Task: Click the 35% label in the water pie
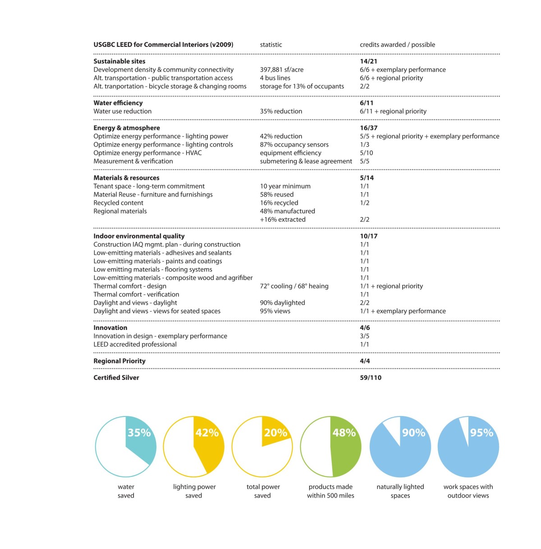(x=139, y=433)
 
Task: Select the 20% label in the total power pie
(x=275, y=433)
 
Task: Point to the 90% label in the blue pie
(x=413, y=433)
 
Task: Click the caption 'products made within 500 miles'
(x=330, y=491)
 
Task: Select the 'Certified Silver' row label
(x=116, y=378)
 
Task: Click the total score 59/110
(x=371, y=378)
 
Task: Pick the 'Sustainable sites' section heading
(x=119, y=61)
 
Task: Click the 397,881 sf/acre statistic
(x=282, y=69)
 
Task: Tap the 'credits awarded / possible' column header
(x=397, y=45)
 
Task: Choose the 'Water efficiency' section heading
(x=118, y=103)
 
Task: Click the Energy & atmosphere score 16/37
(x=368, y=128)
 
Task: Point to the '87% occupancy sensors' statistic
(x=294, y=145)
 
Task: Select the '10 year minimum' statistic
(x=285, y=186)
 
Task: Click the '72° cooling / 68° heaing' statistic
(x=294, y=286)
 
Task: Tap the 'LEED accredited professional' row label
(x=135, y=344)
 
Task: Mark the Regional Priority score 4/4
(x=365, y=361)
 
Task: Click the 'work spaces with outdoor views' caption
(x=468, y=491)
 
